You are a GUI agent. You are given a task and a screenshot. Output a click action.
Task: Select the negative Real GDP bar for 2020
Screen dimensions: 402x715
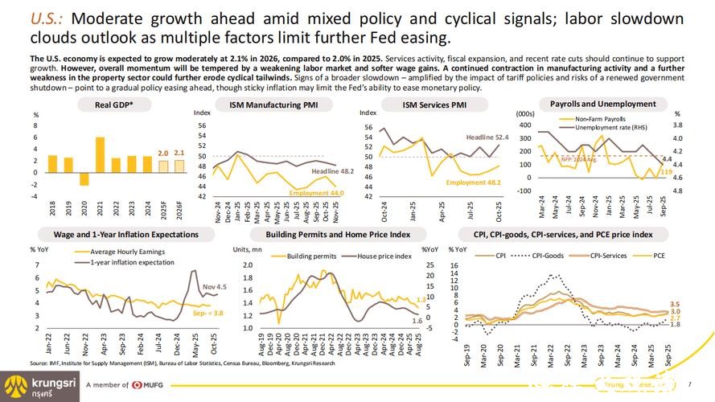tap(84, 178)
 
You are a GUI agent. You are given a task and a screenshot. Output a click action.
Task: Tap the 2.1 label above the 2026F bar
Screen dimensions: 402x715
tap(179, 152)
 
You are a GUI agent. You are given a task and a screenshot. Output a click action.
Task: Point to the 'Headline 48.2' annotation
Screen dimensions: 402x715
tap(333, 171)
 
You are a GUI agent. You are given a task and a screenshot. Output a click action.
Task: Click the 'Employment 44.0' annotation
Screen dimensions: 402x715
tap(317, 193)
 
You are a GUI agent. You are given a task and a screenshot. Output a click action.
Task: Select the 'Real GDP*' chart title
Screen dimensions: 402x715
tap(114, 105)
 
